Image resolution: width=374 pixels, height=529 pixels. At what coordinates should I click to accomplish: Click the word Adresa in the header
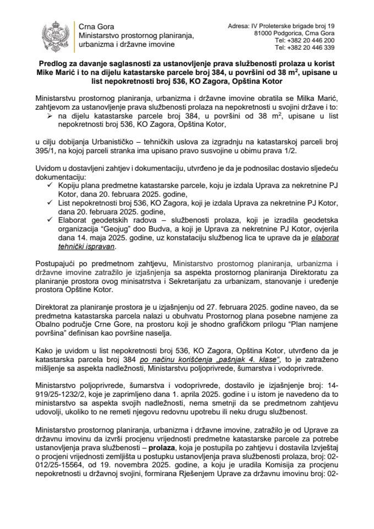pos(238,25)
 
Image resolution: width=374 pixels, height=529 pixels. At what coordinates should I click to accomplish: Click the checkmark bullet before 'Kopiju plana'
pos(51,187)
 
